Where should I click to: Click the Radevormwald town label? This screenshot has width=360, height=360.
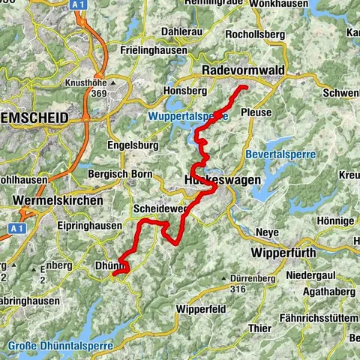coord(245,70)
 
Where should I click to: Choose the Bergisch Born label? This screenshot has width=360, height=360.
coord(119,173)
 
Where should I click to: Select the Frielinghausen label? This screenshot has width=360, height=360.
coord(154,49)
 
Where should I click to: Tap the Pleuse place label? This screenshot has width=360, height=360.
coord(256,112)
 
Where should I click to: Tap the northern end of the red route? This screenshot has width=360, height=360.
coord(245,88)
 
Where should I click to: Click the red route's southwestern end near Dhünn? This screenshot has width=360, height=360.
coord(113,274)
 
